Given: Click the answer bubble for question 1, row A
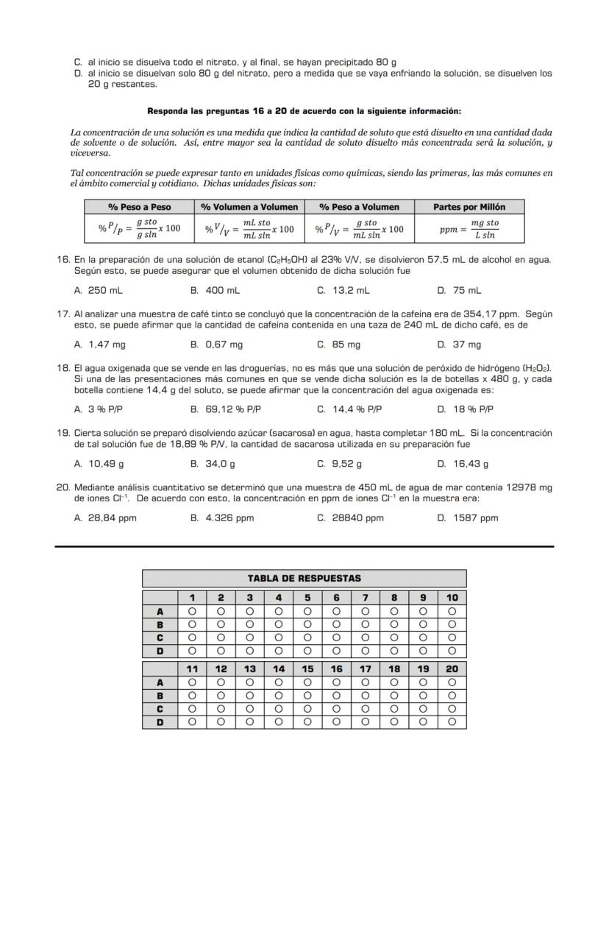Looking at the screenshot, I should pyautogui.click(x=192, y=611).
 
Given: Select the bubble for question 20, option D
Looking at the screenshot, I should pyautogui.click(x=452, y=722).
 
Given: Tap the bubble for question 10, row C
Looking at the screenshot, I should pyautogui.click(x=452, y=638).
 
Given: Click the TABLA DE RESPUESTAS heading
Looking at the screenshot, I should pyautogui.click(x=304, y=578).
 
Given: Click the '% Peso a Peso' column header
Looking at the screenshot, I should pyautogui.click(x=139, y=207).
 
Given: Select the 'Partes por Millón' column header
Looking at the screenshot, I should pyautogui.click(x=469, y=207).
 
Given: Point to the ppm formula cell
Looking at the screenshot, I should pyautogui.click(x=469, y=228).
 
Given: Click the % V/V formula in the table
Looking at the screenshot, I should pyautogui.click(x=249, y=228).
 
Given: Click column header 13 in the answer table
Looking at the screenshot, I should pyautogui.click(x=249, y=669).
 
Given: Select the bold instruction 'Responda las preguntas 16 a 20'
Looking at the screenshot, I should pyautogui.click(x=304, y=111).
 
